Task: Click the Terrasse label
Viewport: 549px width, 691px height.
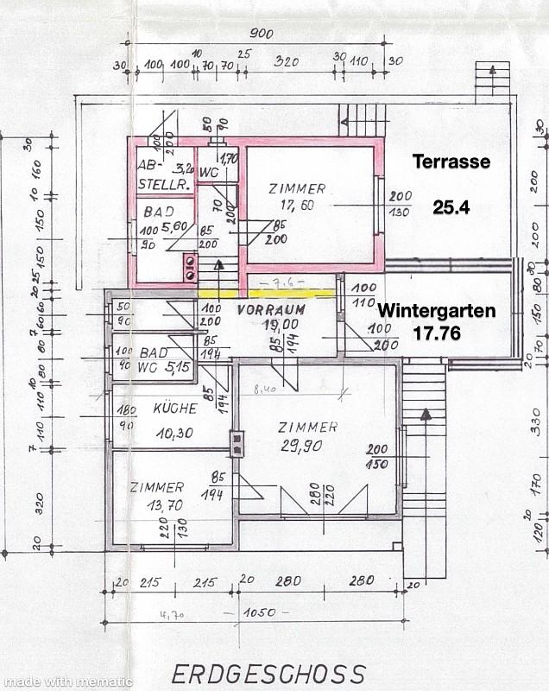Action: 451,162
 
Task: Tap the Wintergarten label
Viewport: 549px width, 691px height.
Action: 437,310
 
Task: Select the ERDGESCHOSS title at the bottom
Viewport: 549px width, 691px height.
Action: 268,674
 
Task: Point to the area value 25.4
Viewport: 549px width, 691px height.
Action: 451,207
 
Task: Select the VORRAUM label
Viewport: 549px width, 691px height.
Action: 272,308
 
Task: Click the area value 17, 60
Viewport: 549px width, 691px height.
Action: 296,206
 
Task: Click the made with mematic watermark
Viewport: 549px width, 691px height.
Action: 66,681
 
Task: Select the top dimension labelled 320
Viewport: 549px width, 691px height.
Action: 286,63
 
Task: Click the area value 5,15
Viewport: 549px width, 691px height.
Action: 178,366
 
